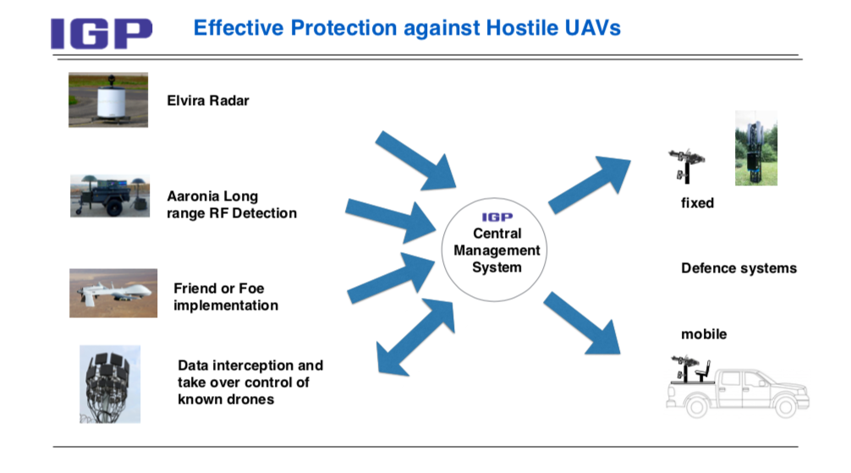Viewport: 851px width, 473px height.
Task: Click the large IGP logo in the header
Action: click(101, 34)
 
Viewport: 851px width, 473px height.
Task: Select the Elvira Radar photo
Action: click(108, 100)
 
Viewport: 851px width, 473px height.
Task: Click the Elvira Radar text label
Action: click(208, 101)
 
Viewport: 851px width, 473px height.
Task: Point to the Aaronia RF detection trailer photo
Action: click(110, 195)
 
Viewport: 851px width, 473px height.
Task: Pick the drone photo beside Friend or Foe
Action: click(113, 294)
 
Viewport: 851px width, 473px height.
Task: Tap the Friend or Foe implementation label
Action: click(226, 297)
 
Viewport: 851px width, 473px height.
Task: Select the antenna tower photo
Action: click(110, 384)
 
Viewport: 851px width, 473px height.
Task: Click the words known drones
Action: click(226, 399)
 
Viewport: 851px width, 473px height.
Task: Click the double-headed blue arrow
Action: click(415, 337)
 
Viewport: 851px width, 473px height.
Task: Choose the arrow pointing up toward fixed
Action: click(590, 184)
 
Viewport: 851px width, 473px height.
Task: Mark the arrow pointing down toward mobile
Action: click(582, 323)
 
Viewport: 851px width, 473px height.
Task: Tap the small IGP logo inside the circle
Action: click(497, 217)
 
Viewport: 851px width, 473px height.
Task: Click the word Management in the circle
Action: click(497, 250)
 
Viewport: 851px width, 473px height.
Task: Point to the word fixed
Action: click(697, 203)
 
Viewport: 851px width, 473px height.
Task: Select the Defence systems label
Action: click(738, 268)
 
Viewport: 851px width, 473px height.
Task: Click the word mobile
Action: click(704, 334)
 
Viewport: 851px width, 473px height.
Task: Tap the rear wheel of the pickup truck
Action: click(697, 406)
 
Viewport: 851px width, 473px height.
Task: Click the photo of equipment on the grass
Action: click(756, 148)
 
